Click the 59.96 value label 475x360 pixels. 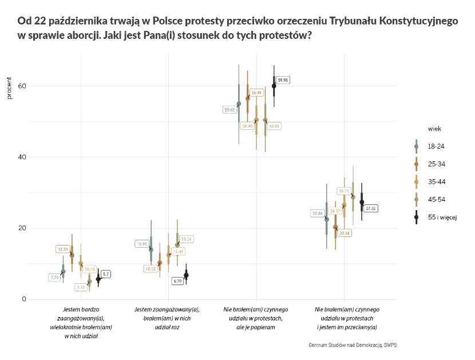coord(283,80)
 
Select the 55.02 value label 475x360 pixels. coord(230,109)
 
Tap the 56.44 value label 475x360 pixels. coord(256,92)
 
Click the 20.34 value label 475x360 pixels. coord(345,233)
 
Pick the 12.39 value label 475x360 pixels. coord(62,249)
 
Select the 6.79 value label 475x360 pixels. coord(177,281)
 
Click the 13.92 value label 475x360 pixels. coord(141,244)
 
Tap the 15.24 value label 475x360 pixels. coord(187,239)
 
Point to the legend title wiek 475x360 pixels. coord(433,129)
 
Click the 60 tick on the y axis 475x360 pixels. coord(22,86)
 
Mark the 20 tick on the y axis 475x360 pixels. coord(22,228)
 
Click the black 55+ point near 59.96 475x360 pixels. coord(274,86)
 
